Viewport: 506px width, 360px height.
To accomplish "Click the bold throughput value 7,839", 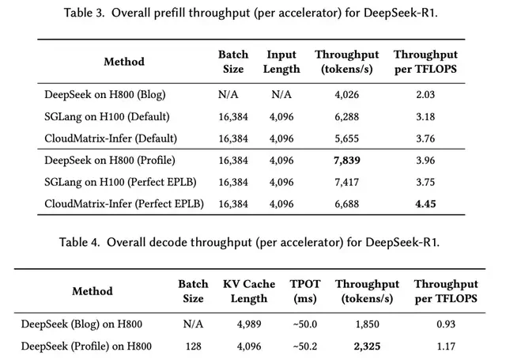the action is [x=346, y=161].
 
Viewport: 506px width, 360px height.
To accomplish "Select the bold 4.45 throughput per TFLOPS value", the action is [x=425, y=204].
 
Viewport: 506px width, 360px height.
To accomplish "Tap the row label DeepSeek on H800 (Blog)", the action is [x=105, y=95].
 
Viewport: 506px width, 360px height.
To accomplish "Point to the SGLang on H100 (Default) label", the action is [x=107, y=116].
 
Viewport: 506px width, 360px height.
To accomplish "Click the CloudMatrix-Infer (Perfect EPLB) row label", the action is [x=124, y=204].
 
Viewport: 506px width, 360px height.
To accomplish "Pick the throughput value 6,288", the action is [x=346, y=117].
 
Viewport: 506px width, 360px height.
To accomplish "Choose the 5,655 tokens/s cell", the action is [x=346, y=138].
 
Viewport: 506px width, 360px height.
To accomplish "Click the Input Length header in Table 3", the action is [x=281, y=62].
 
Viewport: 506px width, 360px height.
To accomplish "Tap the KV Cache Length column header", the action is [x=249, y=291].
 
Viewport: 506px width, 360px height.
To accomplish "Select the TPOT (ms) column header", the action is [x=305, y=291].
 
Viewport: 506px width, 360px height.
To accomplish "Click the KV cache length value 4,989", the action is [x=249, y=324].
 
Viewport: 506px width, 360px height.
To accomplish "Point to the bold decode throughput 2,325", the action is [x=367, y=347].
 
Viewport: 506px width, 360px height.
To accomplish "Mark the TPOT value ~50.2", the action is [x=305, y=347].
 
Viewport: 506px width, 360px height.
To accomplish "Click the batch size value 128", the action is [x=193, y=347].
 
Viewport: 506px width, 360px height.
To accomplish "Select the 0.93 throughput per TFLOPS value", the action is [x=446, y=324].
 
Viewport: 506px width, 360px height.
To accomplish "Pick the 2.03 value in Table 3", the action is [x=425, y=95].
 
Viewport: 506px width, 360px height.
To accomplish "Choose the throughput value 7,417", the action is [x=346, y=183].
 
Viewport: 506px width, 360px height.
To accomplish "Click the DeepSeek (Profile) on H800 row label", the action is [x=86, y=347].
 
